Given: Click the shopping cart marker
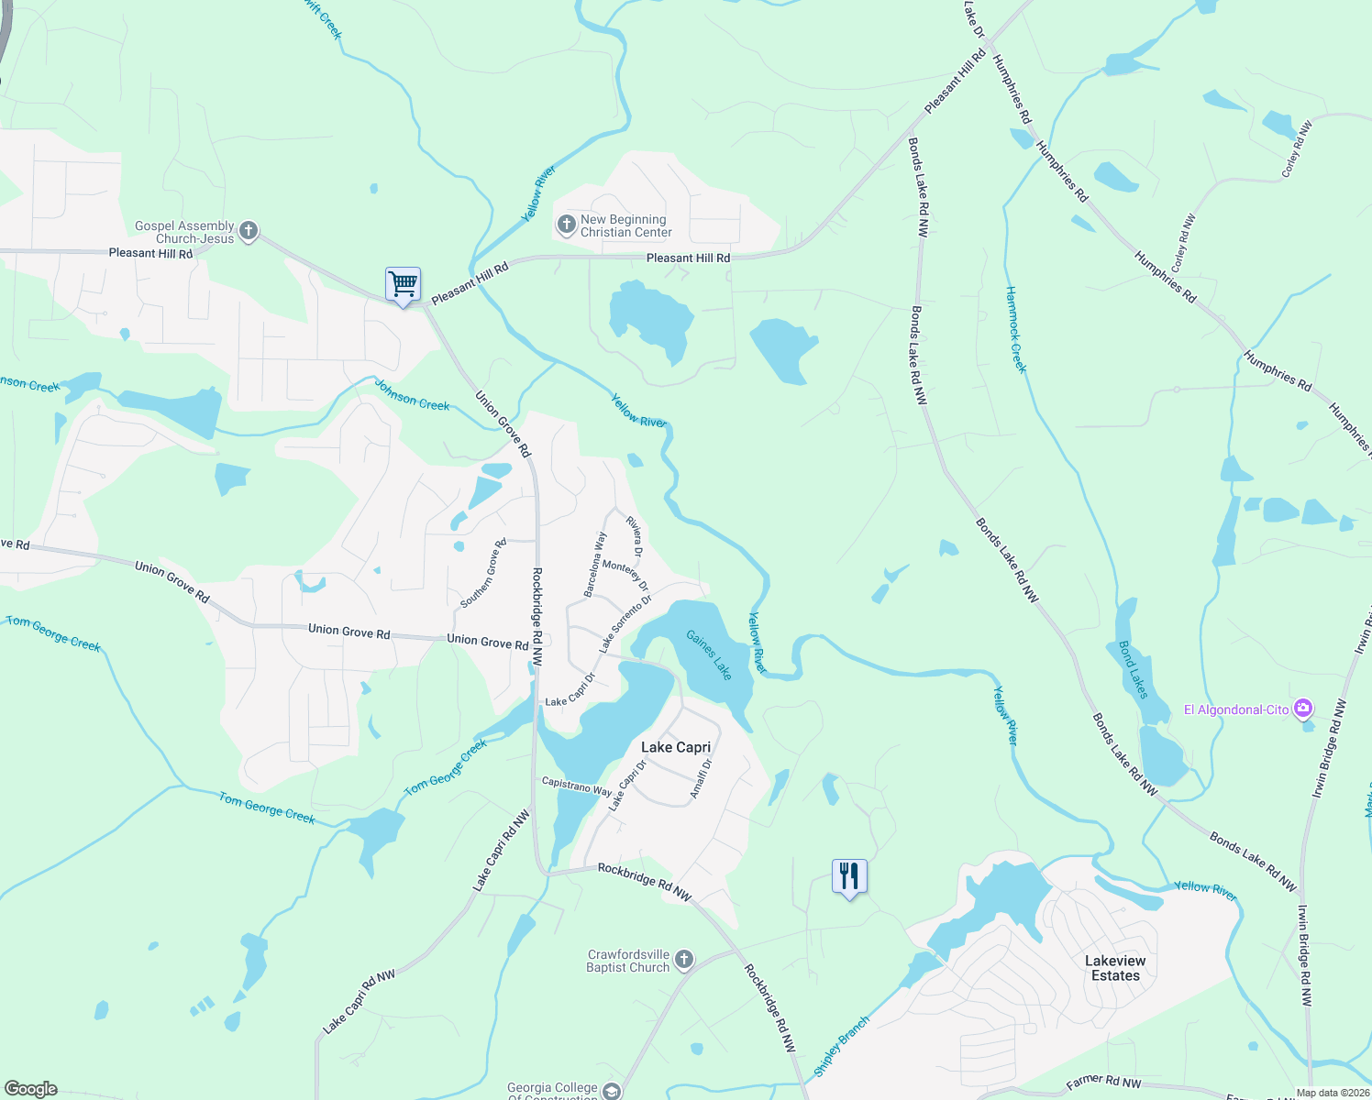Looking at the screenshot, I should coord(403,284).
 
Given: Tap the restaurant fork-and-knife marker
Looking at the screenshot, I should coord(849,876).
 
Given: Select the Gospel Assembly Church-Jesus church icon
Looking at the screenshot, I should coord(249,232).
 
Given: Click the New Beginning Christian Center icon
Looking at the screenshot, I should coord(566,224).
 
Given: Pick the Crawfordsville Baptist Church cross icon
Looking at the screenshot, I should coord(683,960).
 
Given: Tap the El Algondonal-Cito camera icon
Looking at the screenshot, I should coord(1302,709).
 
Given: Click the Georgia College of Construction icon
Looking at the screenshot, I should coord(612,1091).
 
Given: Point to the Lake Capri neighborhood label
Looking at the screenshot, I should coord(676,747).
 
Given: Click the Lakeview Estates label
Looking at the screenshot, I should coord(1115,968).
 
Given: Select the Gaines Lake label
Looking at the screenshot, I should coord(710,654).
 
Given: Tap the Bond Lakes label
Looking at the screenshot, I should coord(1134,669).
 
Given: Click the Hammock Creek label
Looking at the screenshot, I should coord(1016,330).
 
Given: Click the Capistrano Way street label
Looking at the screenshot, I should coord(576,786).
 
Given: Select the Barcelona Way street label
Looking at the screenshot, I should coord(596,565).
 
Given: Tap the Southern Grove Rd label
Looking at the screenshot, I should coord(483,574).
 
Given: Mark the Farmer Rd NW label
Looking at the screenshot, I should coord(1103,1083).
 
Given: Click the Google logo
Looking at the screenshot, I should coord(30,1088).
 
